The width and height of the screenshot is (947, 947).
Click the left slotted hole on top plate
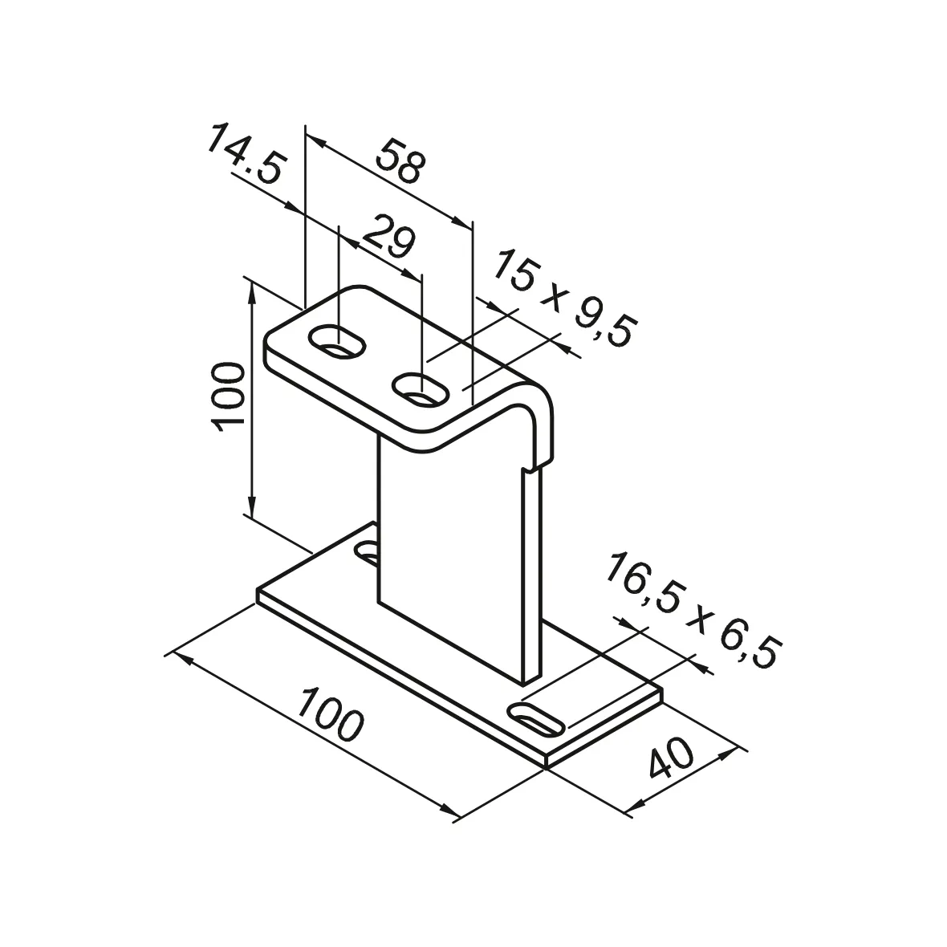[x=338, y=342]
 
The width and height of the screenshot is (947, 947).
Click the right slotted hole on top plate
[x=419, y=389]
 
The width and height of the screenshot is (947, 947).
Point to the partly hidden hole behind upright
[x=368, y=551]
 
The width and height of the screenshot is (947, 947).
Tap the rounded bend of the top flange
[x=536, y=401]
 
